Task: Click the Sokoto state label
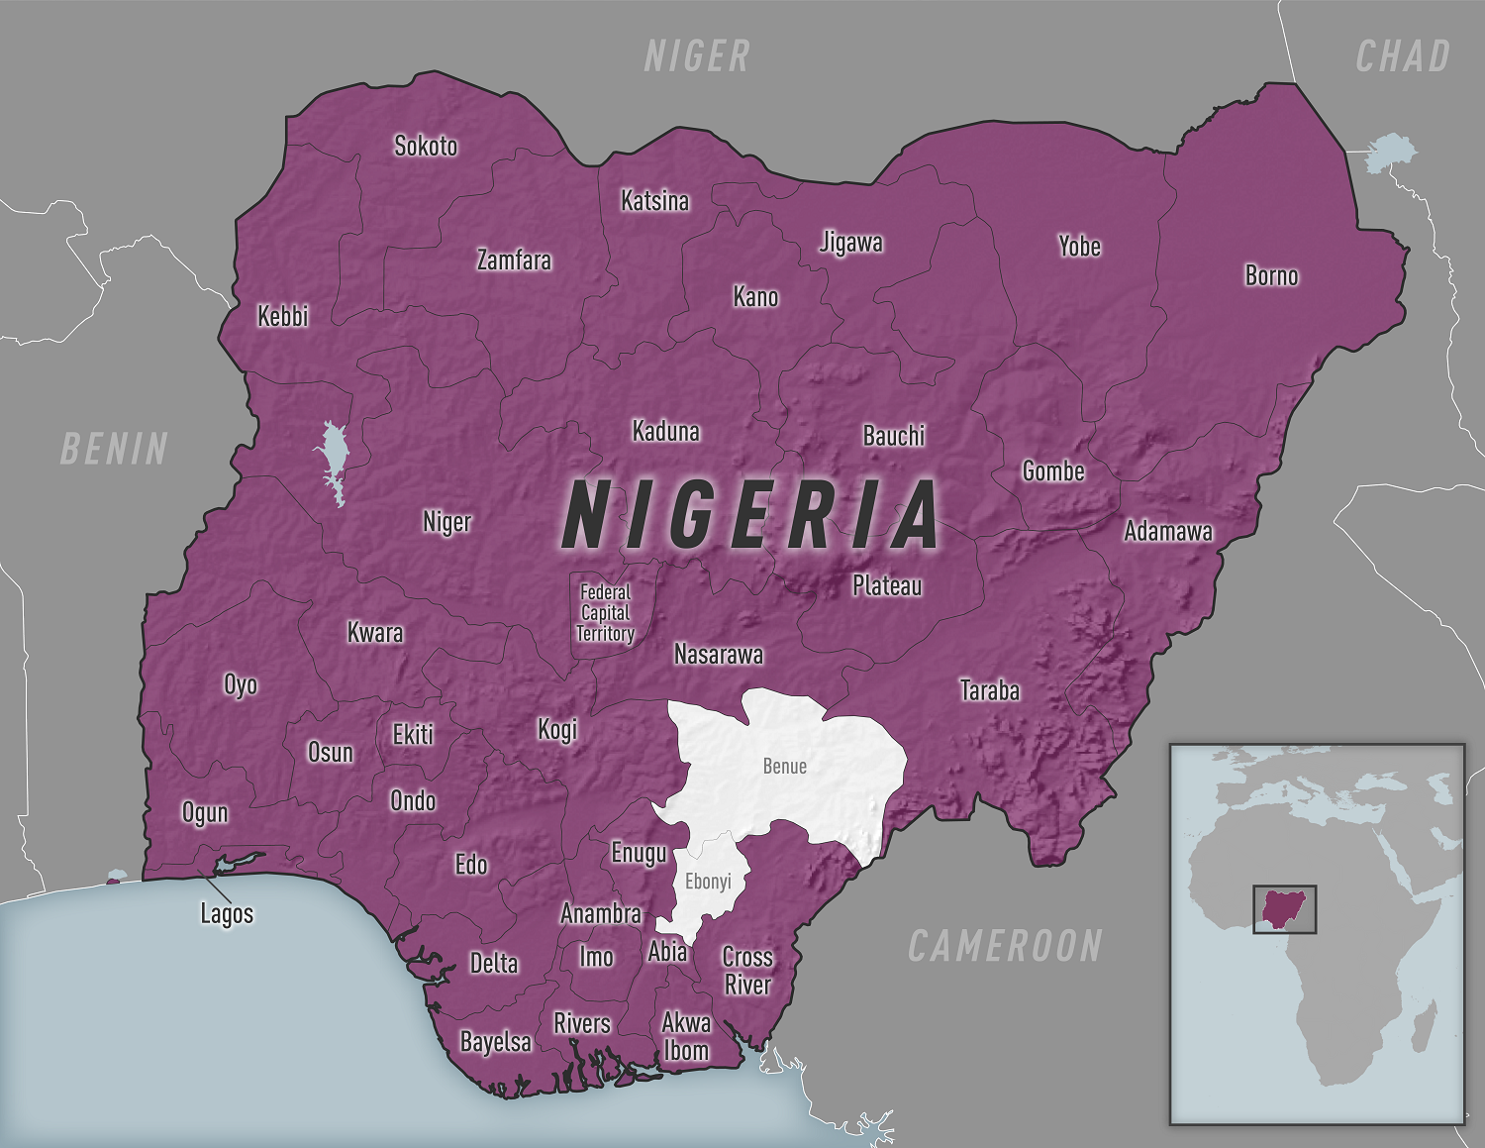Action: tap(426, 146)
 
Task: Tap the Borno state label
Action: tap(1271, 275)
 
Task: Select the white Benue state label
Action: tap(785, 766)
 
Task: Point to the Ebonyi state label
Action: tap(708, 881)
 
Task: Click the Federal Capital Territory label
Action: tap(605, 613)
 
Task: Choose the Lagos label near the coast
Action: tap(227, 913)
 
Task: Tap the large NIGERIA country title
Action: tap(750, 515)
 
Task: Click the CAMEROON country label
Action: tap(1005, 946)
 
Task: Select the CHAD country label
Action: tap(1403, 56)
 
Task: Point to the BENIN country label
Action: tap(114, 449)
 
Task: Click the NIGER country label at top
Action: tap(697, 56)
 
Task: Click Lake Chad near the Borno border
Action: tap(1391, 154)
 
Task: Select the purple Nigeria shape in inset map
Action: tap(1284, 908)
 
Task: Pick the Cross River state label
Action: tap(747, 971)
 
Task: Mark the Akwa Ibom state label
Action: tap(686, 1036)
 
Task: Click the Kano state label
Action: tap(755, 296)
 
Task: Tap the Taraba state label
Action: tap(989, 690)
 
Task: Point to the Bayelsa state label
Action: tap(495, 1041)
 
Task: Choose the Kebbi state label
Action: tap(283, 316)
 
